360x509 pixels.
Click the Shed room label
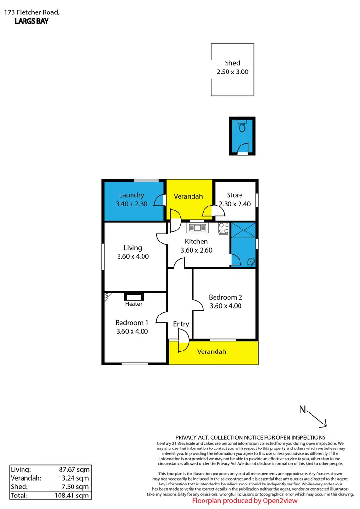click(x=232, y=63)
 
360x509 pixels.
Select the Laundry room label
click(x=132, y=195)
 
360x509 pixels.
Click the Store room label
click(x=235, y=195)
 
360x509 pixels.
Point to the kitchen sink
click(x=196, y=228)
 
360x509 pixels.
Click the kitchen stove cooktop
click(x=224, y=229)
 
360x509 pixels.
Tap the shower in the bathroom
click(x=242, y=234)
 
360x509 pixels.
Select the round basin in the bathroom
click(x=250, y=262)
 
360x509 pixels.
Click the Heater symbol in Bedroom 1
click(x=133, y=297)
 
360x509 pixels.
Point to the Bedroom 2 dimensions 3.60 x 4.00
click(x=225, y=306)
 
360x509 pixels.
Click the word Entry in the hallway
click(x=181, y=324)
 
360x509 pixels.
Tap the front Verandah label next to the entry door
click(x=212, y=352)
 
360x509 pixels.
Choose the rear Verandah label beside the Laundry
click(x=188, y=196)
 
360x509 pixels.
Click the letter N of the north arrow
click(x=302, y=410)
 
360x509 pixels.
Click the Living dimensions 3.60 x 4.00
click(x=133, y=256)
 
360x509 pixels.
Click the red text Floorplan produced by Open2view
click(x=245, y=500)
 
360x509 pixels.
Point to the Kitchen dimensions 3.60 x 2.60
click(x=196, y=250)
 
